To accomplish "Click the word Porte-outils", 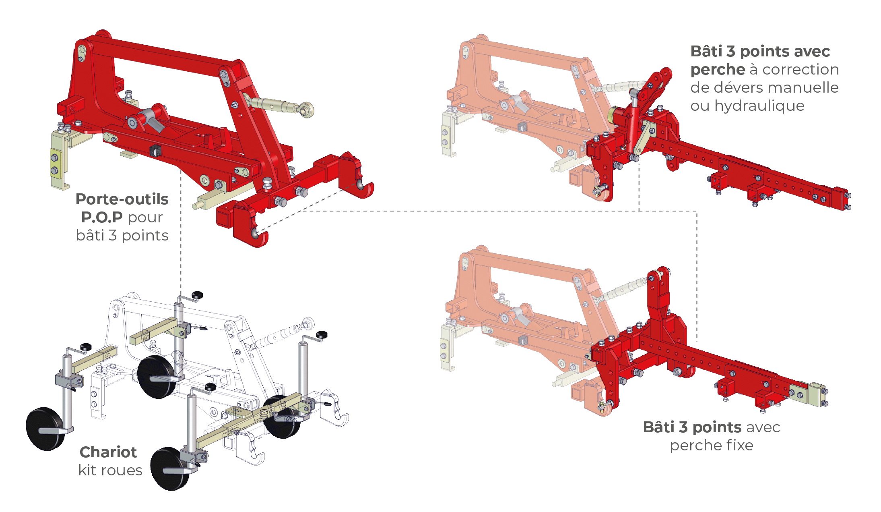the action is pos(122,199).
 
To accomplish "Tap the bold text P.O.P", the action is pos(102,217).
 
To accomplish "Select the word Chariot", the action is pos(108,452).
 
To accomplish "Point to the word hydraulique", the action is pos(759,106).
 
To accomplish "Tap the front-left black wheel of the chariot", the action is pos(45,429).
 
